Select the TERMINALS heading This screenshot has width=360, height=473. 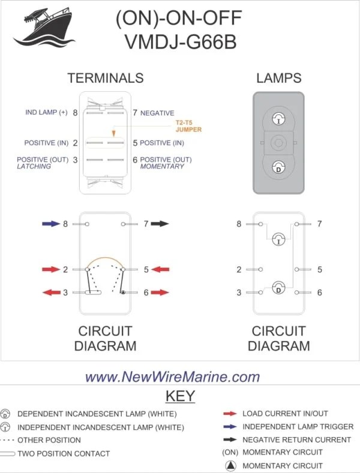(105, 78)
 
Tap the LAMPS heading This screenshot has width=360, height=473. (278, 78)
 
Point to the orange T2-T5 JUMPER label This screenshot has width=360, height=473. (188, 126)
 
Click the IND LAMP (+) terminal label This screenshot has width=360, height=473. (46, 113)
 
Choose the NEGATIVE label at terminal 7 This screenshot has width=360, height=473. (157, 113)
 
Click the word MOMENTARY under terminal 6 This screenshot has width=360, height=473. (162, 167)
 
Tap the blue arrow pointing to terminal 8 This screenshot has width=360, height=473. (50, 224)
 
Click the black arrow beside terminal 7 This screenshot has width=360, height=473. (160, 224)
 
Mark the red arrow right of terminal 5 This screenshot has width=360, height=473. (160, 270)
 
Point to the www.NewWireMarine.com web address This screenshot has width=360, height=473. (173, 377)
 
